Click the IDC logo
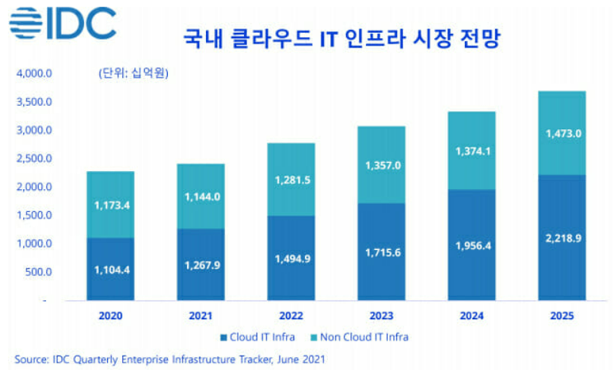pos(63,23)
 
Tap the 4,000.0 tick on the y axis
pos(34,74)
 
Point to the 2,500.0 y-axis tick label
pos(34,159)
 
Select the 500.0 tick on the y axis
pos(38,272)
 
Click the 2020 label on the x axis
pos(110,316)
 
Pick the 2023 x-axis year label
pos(382,316)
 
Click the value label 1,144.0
pos(201,198)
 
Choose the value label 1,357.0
pos(382,165)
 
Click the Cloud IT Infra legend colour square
pos(224,337)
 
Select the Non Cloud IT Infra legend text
pos(367,337)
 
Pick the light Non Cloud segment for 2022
pos(292,179)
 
